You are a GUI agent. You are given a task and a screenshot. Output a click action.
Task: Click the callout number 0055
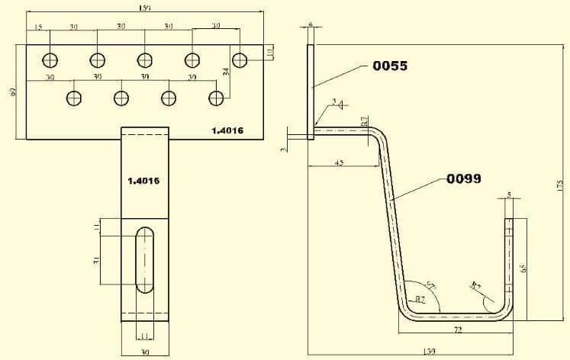point(389,66)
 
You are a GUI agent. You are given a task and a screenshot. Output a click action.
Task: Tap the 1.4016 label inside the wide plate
point(227,130)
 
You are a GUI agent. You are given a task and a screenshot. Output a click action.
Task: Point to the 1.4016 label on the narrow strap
point(143,181)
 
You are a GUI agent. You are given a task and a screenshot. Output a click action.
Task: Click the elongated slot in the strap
point(144,259)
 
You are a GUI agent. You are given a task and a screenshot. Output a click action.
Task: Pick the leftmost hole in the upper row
point(50,59)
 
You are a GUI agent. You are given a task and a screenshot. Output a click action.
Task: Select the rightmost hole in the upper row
point(240,59)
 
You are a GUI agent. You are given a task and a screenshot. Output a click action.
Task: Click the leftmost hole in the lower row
point(74,98)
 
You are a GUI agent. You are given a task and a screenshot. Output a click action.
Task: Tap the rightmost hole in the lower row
point(217,98)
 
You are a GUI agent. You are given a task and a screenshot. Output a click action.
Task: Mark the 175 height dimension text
point(559,186)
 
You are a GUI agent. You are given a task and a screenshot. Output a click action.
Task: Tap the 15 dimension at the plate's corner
point(37,27)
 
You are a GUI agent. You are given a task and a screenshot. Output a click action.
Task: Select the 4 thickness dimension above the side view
point(311,24)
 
